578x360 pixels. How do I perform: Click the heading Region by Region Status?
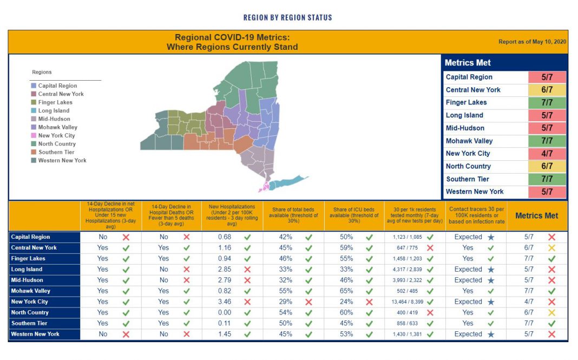[x=287, y=17]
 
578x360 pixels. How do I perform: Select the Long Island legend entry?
[x=54, y=110]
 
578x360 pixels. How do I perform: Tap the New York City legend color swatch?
[x=34, y=135]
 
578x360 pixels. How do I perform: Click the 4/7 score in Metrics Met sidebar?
[x=547, y=153]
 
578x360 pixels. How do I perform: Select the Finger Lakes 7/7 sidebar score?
[x=547, y=102]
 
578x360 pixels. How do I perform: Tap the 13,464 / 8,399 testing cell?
[x=408, y=302]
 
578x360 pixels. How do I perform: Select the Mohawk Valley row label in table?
[x=30, y=291]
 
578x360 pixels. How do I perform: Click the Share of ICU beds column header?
[x=354, y=215]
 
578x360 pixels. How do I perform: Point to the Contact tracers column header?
[x=476, y=215]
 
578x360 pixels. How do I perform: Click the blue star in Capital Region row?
[x=490, y=237]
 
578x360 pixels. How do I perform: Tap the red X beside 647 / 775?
[x=430, y=248]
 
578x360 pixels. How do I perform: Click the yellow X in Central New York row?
[x=551, y=248]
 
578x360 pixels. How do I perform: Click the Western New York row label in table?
[x=35, y=334]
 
